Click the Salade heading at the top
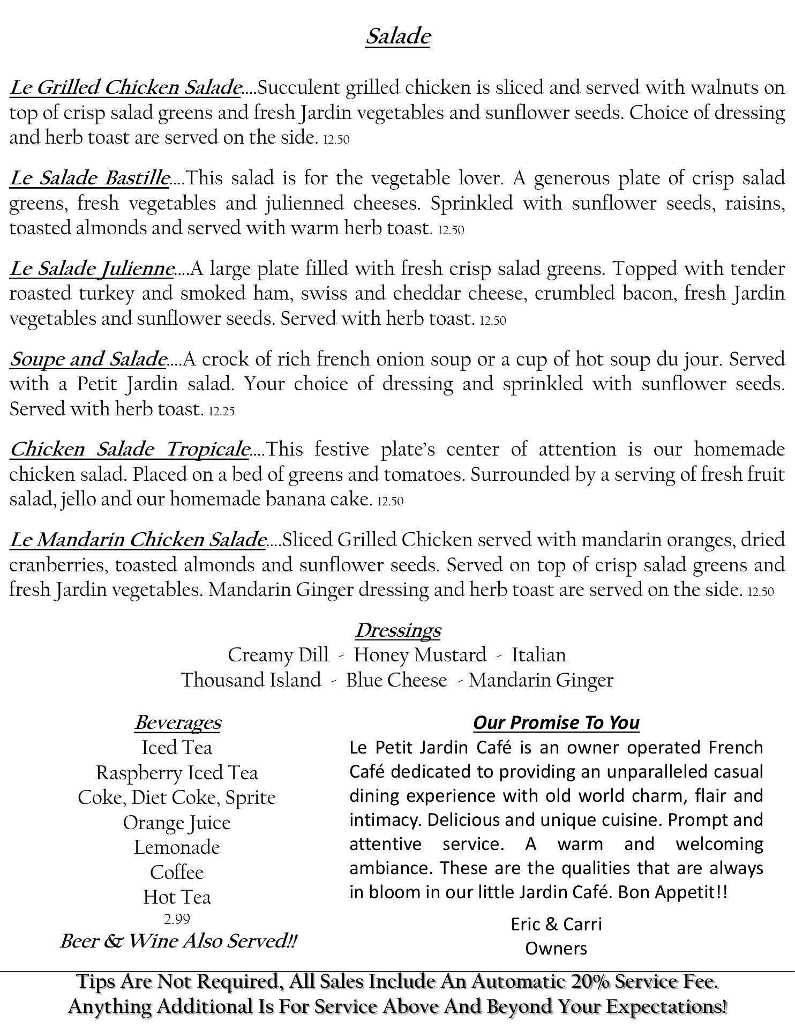pyautogui.click(x=397, y=37)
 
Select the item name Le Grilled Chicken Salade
pyautogui.click(x=125, y=87)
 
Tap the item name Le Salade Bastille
pyautogui.click(x=89, y=178)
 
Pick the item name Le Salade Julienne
pyautogui.click(x=92, y=269)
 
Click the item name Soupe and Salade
pyautogui.click(x=88, y=359)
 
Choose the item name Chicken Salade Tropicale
pyautogui.click(x=129, y=449)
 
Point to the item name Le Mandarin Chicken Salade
pyautogui.click(x=137, y=540)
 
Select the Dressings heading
pyautogui.click(x=397, y=630)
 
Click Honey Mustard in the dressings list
pyautogui.click(x=420, y=655)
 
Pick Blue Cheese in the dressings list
pyautogui.click(x=396, y=680)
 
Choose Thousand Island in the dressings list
pyautogui.click(x=251, y=680)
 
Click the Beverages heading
pyautogui.click(x=177, y=722)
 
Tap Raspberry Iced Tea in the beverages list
pyautogui.click(x=177, y=773)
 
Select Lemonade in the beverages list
pyautogui.click(x=177, y=847)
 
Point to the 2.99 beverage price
pyautogui.click(x=177, y=919)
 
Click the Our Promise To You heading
pyautogui.click(x=556, y=722)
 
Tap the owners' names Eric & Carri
pyautogui.click(x=556, y=924)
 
